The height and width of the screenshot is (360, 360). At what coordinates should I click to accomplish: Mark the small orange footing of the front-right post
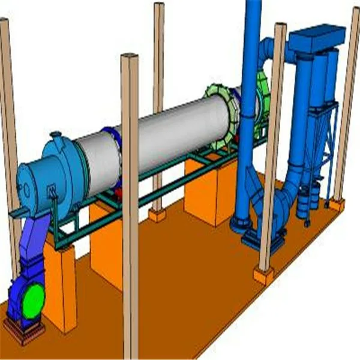[263, 275]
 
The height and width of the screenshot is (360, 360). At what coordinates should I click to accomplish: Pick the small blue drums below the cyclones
[308, 198]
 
